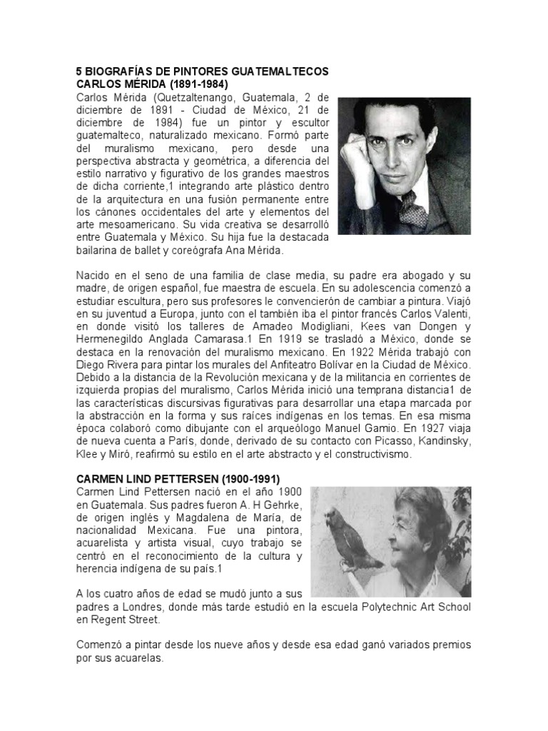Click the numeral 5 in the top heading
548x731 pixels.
click(79, 71)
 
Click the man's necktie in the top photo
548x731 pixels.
click(411, 208)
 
